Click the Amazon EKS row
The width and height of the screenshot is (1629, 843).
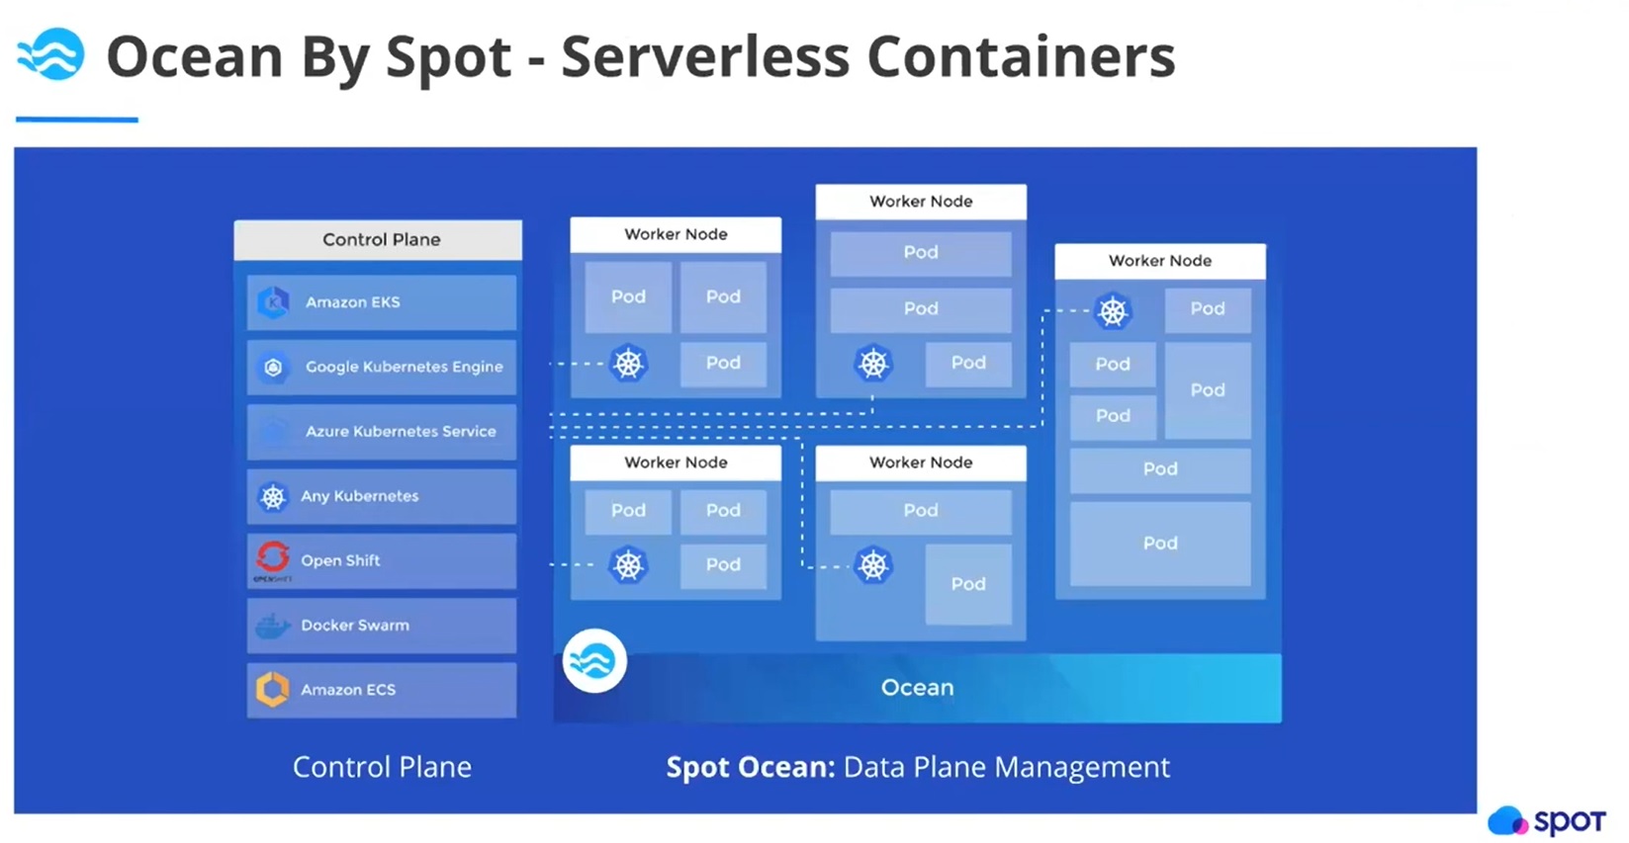pyautogui.click(x=382, y=302)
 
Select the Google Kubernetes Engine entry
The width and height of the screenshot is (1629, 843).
pyautogui.click(x=382, y=367)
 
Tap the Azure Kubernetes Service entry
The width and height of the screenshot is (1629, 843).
pyautogui.click(x=382, y=431)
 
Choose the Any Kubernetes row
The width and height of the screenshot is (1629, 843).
pyautogui.click(x=382, y=496)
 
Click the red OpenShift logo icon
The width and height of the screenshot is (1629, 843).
pyautogui.click(x=273, y=558)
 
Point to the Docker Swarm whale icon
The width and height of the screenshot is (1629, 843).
pyautogui.click(x=272, y=626)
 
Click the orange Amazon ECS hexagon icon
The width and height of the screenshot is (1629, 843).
pyautogui.click(x=273, y=689)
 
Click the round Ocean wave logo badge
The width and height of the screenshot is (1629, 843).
pyautogui.click(x=594, y=661)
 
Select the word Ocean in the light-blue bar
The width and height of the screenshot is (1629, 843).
pyautogui.click(x=917, y=688)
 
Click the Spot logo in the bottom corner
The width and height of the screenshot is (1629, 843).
pyautogui.click(x=1547, y=820)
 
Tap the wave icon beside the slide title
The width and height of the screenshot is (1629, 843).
pyautogui.click(x=50, y=55)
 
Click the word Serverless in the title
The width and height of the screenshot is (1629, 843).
pyautogui.click(x=704, y=56)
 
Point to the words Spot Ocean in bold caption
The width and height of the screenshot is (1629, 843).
pyautogui.click(x=751, y=767)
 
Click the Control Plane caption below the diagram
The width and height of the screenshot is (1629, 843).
pyautogui.click(x=382, y=767)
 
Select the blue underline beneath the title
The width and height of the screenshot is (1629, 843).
pyautogui.click(x=77, y=120)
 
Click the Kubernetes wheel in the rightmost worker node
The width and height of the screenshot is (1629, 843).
pyautogui.click(x=1113, y=311)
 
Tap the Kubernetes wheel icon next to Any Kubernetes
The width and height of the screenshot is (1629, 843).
pyautogui.click(x=272, y=496)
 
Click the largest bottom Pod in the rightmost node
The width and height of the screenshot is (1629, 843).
pyautogui.click(x=1160, y=544)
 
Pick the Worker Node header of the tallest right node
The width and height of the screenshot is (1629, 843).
pyautogui.click(x=1160, y=261)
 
